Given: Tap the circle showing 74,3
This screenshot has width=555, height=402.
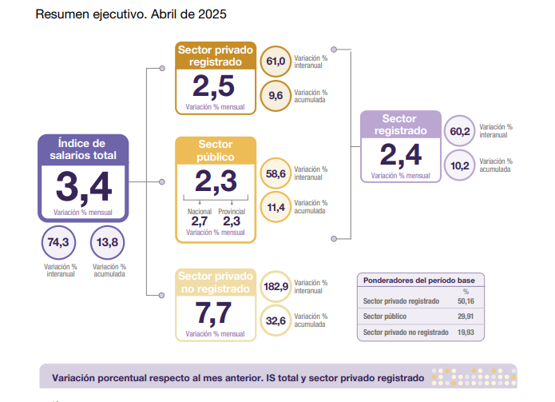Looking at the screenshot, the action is pyautogui.click(x=58, y=243).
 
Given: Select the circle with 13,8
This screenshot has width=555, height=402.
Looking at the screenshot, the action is pyautogui.click(x=107, y=243).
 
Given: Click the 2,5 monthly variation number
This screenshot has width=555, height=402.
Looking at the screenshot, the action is pyautogui.click(x=213, y=87).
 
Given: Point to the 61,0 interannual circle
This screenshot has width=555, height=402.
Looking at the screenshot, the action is pyautogui.click(x=276, y=62).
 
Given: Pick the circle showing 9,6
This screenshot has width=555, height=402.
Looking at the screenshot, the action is pyautogui.click(x=276, y=96).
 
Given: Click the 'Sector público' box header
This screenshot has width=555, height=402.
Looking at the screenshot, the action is pyautogui.click(x=216, y=150).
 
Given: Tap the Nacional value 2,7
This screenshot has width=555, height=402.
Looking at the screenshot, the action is pyautogui.click(x=200, y=221).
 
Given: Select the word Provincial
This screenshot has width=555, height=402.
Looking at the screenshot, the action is pyautogui.click(x=232, y=212).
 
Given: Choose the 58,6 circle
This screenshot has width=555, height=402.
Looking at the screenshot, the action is pyautogui.click(x=276, y=173).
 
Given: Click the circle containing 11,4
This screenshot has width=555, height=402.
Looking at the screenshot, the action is pyautogui.click(x=276, y=207).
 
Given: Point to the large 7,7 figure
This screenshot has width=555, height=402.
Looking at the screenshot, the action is pyautogui.click(x=213, y=313).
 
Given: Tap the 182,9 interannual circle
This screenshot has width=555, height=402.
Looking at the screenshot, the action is pyautogui.click(x=276, y=287).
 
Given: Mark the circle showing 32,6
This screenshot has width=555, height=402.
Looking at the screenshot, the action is pyautogui.click(x=276, y=321).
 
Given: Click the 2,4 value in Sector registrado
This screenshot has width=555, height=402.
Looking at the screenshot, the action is pyautogui.click(x=401, y=155).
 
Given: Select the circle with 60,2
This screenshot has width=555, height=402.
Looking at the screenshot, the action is pyautogui.click(x=460, y=131).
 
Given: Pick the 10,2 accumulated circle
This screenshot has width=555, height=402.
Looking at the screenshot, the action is pyautogui.click(x=460, y=165).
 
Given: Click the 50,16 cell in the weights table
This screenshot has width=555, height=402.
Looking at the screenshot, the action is pyautogui.click(x=466, y=301).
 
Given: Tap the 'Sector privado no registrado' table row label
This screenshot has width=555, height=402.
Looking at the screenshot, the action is pyautogui.click(x=406, y=332).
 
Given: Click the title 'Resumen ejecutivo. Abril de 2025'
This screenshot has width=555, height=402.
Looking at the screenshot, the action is pyautogui.click(x=131, y=14).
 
